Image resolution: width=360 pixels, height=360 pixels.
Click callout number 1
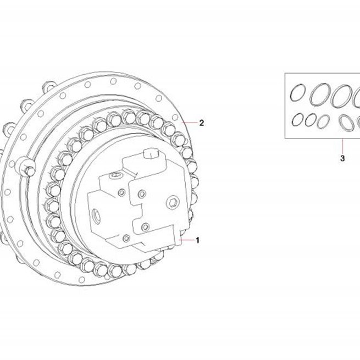(197, 240)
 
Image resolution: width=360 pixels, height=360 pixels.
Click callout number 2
(201, 123)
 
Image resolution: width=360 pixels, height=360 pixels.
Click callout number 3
(342, 158)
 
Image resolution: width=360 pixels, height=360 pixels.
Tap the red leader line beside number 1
(186, 240)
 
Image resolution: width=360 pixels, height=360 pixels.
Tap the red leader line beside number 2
(190, 123)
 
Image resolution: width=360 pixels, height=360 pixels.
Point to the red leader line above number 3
(342, 146)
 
